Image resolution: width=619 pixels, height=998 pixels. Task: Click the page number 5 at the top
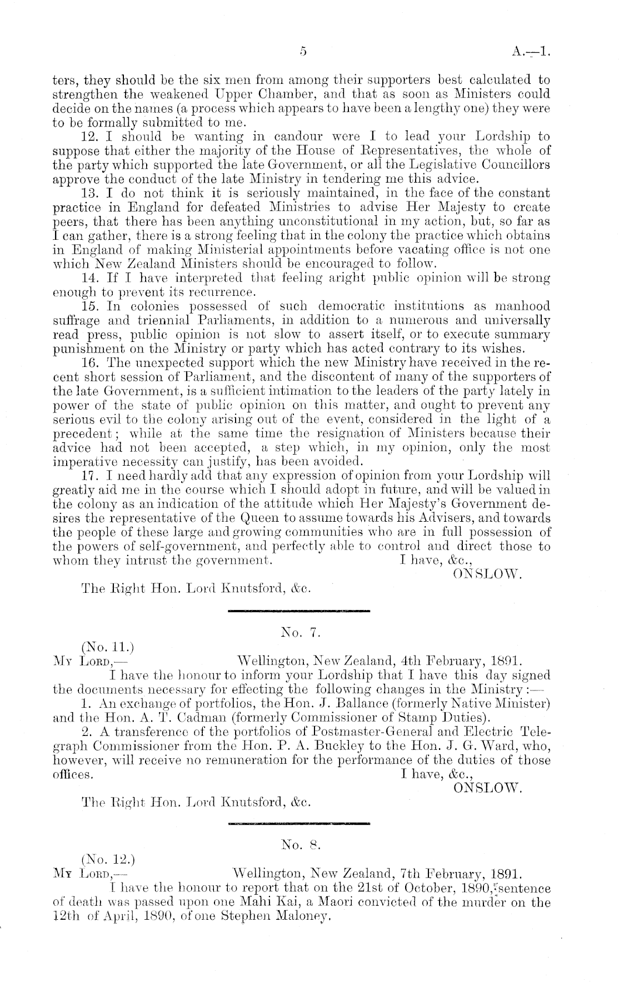point(303,52)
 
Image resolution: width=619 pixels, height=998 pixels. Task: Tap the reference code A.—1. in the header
point(531,52)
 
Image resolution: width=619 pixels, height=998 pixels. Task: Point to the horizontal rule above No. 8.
point(299,824)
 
